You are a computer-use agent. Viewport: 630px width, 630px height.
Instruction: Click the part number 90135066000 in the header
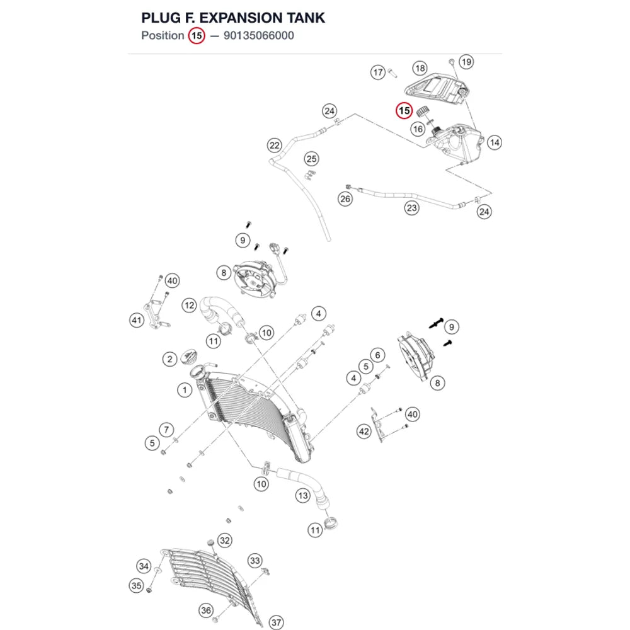point(259,36)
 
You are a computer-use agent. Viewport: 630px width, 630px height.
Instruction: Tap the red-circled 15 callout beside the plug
point(404,111)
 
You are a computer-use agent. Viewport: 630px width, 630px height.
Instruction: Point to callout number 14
point(495,142)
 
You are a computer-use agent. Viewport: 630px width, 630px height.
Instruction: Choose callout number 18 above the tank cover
point(420,68)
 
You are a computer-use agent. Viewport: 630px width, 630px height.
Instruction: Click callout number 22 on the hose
point(275,146)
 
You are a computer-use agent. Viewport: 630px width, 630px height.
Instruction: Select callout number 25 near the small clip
point(311,159)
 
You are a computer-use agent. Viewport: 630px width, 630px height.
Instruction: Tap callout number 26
point(345,199)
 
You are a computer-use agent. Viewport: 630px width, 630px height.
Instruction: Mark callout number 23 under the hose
point(412,208)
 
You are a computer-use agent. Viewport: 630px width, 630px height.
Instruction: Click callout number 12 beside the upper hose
point(189,306)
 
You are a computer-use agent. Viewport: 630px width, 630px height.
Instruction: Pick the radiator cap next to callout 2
point(188,357)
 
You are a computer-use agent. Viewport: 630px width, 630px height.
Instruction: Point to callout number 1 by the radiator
point(185,390)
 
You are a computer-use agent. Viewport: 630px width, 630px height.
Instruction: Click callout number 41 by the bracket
point(137,320)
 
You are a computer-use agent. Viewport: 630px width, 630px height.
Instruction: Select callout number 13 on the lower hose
point(303,496)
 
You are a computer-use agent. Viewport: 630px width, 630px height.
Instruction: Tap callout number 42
point(364,432)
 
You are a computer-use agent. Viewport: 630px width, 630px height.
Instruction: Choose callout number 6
point(377,355)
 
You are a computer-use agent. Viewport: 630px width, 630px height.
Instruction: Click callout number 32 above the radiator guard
point(225,541)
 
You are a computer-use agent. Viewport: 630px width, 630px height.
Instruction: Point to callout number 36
point(206,610)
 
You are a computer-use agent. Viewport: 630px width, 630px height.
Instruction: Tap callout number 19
point(466,62)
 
